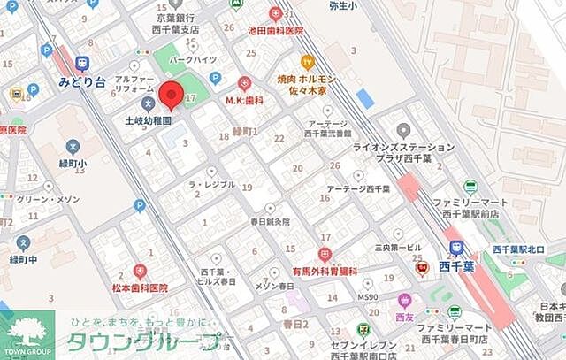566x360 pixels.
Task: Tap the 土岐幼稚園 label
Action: click(x=148, y=119)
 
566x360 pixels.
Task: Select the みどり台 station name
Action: click(x=82, y=81)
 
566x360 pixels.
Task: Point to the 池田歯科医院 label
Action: click(x=275, y=31)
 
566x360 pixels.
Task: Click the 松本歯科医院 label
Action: click(x=139, y=288)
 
